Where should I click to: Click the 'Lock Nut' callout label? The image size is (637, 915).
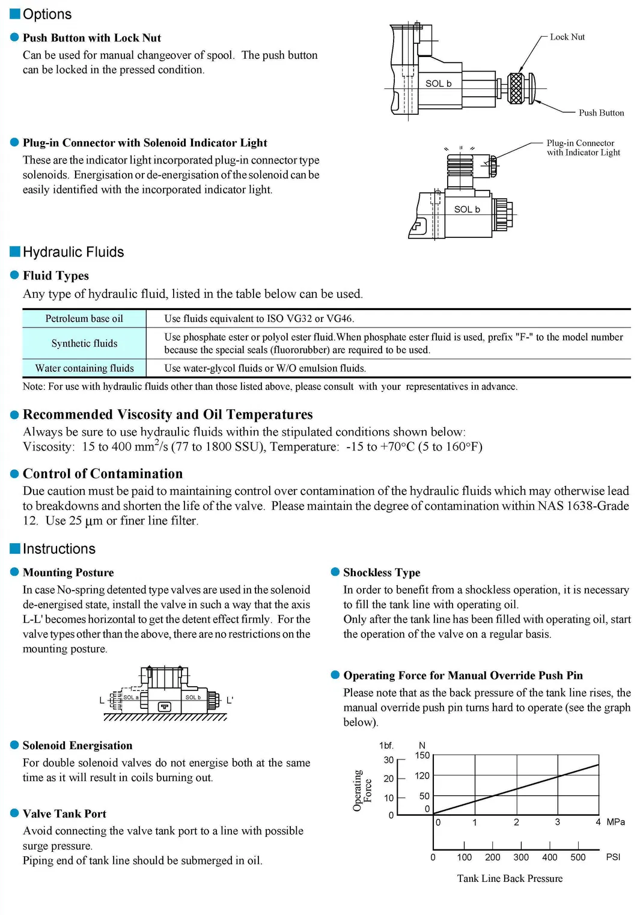[x=567, y=37]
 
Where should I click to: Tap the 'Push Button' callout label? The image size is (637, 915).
[x=600, y=113]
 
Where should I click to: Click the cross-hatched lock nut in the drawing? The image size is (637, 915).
[x=516, y=88]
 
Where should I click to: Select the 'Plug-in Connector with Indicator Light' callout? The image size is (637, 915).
[x=582, y=148]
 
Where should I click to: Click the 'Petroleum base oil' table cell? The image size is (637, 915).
[x=84, y=319]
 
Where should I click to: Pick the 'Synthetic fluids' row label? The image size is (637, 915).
[x=84, y=344]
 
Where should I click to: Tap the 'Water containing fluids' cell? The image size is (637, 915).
[x=84, y=368]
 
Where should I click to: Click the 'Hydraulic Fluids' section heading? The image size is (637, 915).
[x=73, y=252]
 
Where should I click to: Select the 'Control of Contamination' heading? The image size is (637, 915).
[x=102, y=474]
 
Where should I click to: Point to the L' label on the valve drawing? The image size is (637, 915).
[x=230, y=701]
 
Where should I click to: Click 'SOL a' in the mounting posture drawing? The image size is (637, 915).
[x=130, y=698]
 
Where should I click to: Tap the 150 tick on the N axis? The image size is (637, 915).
[x=422, y=756]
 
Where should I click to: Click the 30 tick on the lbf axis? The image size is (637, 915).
[x=389, y=760]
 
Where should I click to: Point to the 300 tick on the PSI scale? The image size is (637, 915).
[x=521, y=858]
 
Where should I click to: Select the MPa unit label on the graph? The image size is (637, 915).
[x=615, y=822]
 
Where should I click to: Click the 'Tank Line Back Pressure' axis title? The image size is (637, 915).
[x=510, y=879]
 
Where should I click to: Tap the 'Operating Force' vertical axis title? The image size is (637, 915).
[x=362, y=791]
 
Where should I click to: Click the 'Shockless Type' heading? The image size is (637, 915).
[x=382, y=573]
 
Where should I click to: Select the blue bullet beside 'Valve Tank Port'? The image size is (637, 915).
[x=15, y=813]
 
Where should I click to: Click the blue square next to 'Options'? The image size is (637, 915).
[x=16, y=14]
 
